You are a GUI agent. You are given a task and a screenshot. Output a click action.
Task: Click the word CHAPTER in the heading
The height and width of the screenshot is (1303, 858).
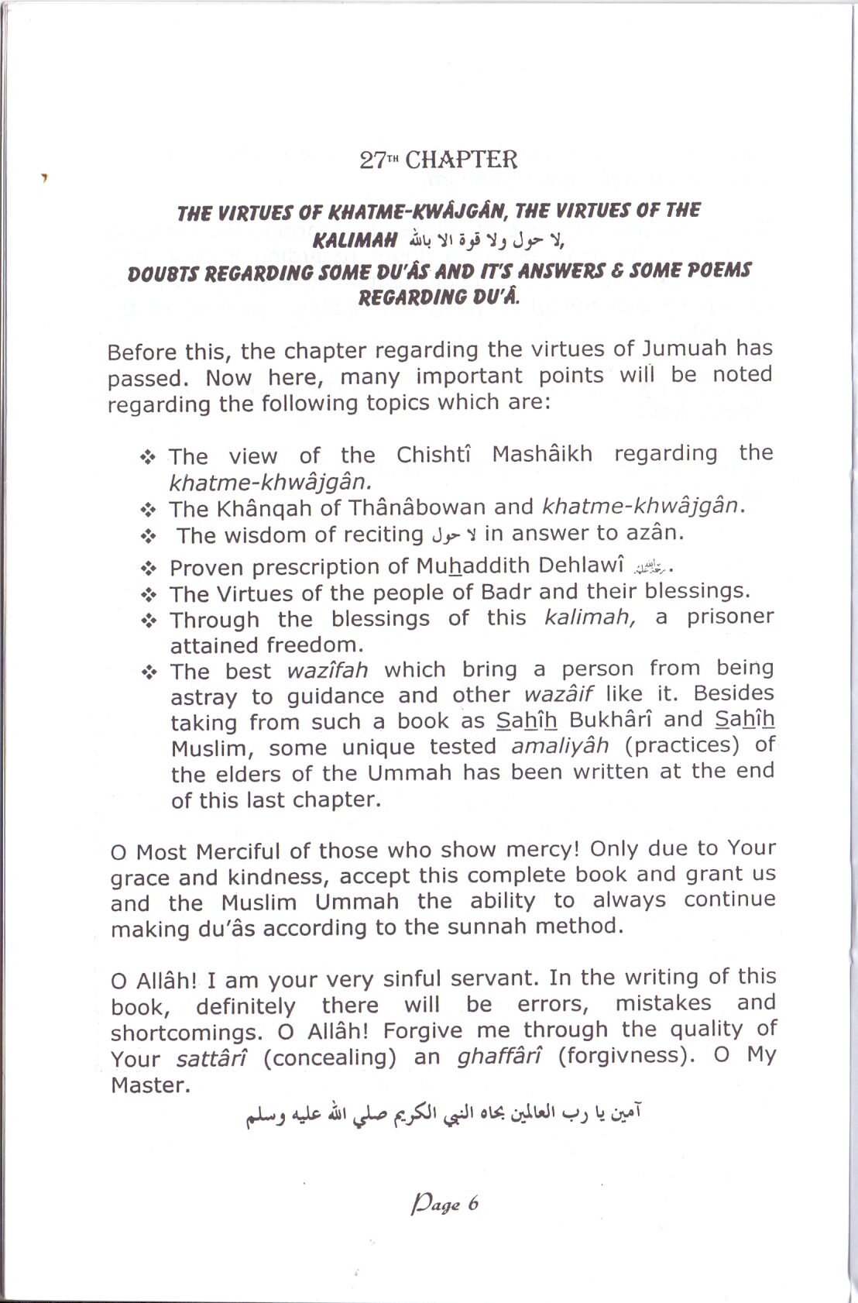click(x=461, y=160)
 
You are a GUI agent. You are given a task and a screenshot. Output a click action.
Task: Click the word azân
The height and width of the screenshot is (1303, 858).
click(x=657, y=532)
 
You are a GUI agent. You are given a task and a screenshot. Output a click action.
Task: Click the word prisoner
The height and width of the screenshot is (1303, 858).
click(x=730, y=617)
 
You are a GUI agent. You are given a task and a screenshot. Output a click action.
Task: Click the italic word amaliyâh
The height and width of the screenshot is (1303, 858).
click(x=560, y=745)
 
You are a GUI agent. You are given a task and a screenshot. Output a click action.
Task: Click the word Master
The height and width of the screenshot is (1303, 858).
click(x=150, y=1085)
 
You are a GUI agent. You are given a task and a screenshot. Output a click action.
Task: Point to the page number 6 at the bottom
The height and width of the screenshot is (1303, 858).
click(x=472, y=1205)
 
